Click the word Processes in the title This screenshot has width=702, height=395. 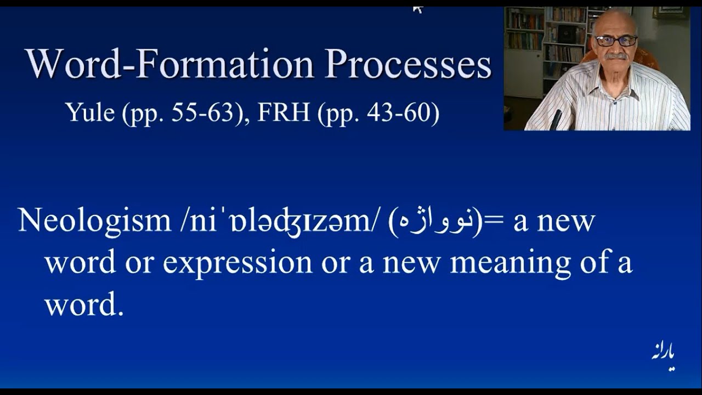pyautogui.click(x=407, y=64)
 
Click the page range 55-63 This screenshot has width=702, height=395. pyautogui.click(x=203, y=112)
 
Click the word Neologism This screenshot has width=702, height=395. pyautogui.click(x=94, y=221)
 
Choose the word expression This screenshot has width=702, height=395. pyautogui.click(x=237, y=263)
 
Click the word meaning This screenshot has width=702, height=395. pyautogui.click(x=510, y=263)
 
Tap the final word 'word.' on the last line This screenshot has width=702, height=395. pyautogui.click(x=84, y=304)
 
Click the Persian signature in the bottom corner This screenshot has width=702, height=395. pyautogui.click(x=663, y=357)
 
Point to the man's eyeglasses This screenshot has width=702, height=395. pyautogui.click(x=616, y=41)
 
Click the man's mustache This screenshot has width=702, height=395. pyautogui.click(x=616, y=56)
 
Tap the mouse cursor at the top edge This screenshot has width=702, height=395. pyautogui.click(x=417, y=9)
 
